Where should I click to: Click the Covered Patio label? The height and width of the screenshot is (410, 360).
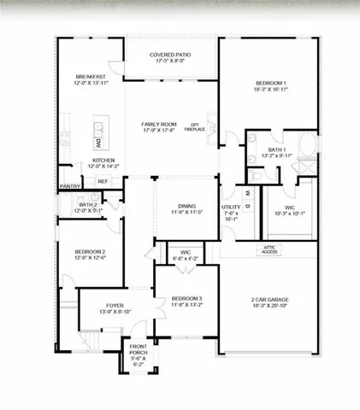(x=171, y=57)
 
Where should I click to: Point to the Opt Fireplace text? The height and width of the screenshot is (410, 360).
(x=194, y=128)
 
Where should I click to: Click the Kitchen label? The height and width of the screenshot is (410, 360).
(x=103, y=162)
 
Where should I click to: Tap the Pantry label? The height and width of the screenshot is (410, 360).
(x=69, y=185)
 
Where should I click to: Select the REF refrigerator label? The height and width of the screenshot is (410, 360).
(x=103, y=181)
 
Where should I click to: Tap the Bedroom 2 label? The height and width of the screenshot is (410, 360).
(x=90, y=255)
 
